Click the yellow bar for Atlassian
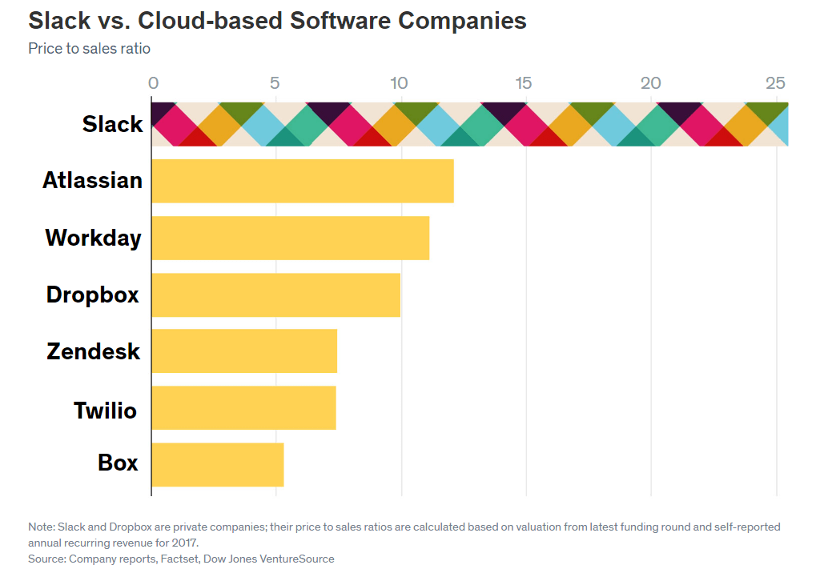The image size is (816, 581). click(x=303, y=181)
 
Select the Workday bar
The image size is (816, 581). click(x=291, y=238)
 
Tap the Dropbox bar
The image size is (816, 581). click(x=276, y=295)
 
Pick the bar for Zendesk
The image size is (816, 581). click(x=244, y=351)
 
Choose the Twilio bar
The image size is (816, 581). click(x=243, y=407)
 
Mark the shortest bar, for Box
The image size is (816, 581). click(x=218, y=464)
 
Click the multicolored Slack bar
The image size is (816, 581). click(x=470, y=125)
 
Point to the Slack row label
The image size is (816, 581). click(x=112, y=124)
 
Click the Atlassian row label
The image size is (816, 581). click(x=92, y=180)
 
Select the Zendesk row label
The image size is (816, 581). click(x=93, y=351)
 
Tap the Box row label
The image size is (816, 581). click(x=118, y=463)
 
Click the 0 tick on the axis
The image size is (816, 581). click(x=153, y=83)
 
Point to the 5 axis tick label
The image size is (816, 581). click(x=275, y=83)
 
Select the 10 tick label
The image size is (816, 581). click(x=399, y=83)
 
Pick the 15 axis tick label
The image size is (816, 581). click(x=524, y=83)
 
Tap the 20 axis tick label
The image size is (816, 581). click(x=650, y=83)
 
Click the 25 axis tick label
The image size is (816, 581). click(x=775, y=83)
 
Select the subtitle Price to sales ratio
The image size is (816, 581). click(x=89, y=49)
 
